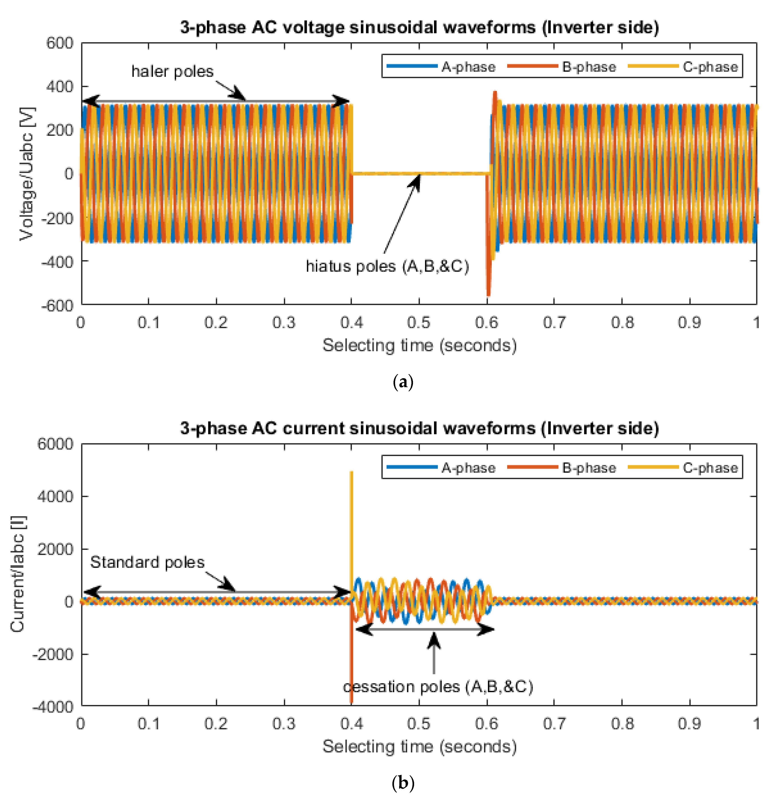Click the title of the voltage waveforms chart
[x=419, y=27]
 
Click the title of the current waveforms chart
[x=419, y=428]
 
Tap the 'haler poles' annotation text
[x=172, y=71]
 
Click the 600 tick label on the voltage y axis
[x=60, y=43]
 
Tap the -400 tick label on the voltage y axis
[x=57, y=261]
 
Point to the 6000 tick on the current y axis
[x=55, y=444]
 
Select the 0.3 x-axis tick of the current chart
[x=284, y=723]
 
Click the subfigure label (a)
[x=403, y=382]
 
